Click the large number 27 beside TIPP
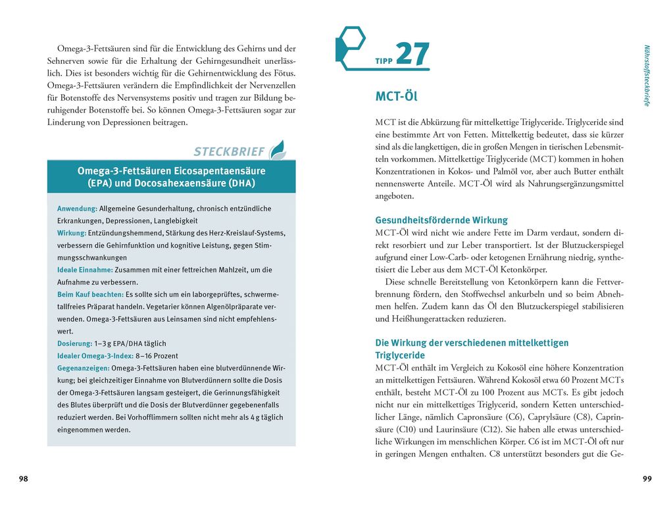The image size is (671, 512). pos(412,54)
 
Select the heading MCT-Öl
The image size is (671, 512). pos(396,97)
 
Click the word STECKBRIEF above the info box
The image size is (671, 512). pos(229,151)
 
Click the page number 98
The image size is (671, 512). pos(24,478)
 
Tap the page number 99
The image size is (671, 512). pos(647,478)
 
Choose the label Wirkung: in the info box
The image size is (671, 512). pos(72,233)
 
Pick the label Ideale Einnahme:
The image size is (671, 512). pos(85,270)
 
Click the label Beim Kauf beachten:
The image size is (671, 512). pos(90,294)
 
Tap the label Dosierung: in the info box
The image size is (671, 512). pos(74,344)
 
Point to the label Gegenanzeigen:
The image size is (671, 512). pos(84,368)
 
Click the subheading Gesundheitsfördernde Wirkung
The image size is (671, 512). pos(441,220)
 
